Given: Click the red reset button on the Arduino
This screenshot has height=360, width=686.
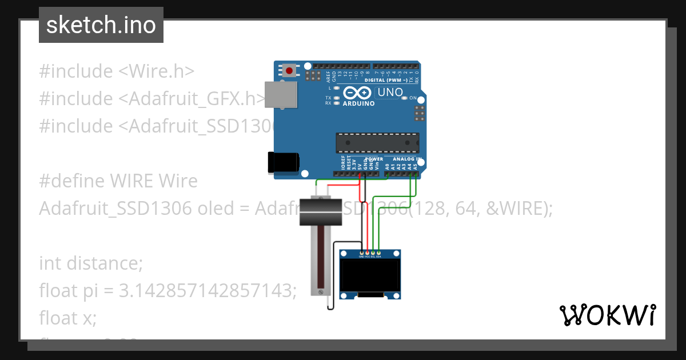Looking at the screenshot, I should [x=290, y=71].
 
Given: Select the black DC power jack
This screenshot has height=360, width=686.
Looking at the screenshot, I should [x=283, y=162].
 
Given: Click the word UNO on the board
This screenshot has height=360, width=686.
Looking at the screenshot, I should [x=390, y=93].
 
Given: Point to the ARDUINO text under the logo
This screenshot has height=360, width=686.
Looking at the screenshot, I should [x=358, y=104].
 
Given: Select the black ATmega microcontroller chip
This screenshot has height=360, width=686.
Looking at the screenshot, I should [x=377, y=142].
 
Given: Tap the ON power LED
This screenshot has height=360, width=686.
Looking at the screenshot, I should [x=404, y=98].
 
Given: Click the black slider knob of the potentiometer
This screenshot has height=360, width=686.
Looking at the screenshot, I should [x=321, y=211].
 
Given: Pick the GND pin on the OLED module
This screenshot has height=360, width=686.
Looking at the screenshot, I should [x=361, y=253].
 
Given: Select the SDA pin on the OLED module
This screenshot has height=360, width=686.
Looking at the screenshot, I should [x=378, y=253].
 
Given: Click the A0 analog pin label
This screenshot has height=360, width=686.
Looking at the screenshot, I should [x=387, y=166].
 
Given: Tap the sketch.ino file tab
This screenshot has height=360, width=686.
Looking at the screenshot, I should [x=101, y=25].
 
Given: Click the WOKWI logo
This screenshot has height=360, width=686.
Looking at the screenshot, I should [x=607, y=315].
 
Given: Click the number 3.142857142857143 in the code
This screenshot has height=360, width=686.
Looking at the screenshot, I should [x=208, y=291].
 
